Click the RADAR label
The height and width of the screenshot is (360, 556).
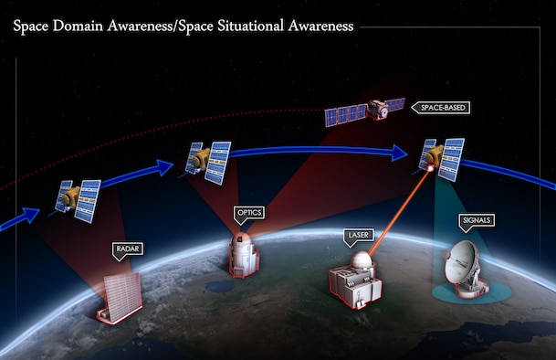(x=127, y=248)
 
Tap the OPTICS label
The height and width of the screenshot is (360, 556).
(x=249, y=213)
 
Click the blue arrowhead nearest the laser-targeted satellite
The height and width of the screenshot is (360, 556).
(x=398, y=153)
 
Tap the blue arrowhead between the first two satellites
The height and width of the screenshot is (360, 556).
(x=163, y=167)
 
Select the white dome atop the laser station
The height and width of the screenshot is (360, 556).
(x=362, y=260)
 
